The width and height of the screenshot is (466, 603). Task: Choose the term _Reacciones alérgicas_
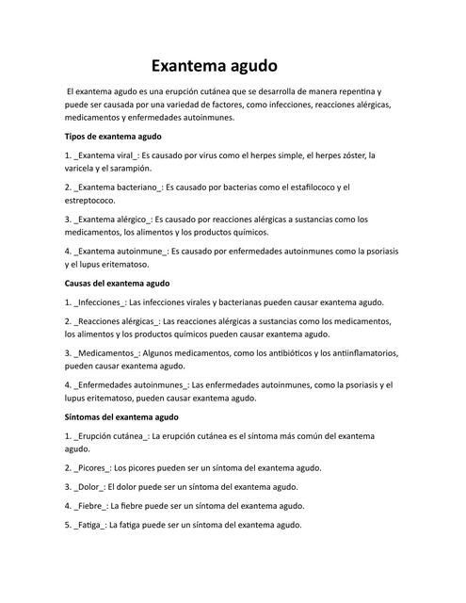click(119, 321)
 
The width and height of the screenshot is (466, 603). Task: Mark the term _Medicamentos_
click(108, 353)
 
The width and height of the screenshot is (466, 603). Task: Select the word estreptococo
click(90, 201)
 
